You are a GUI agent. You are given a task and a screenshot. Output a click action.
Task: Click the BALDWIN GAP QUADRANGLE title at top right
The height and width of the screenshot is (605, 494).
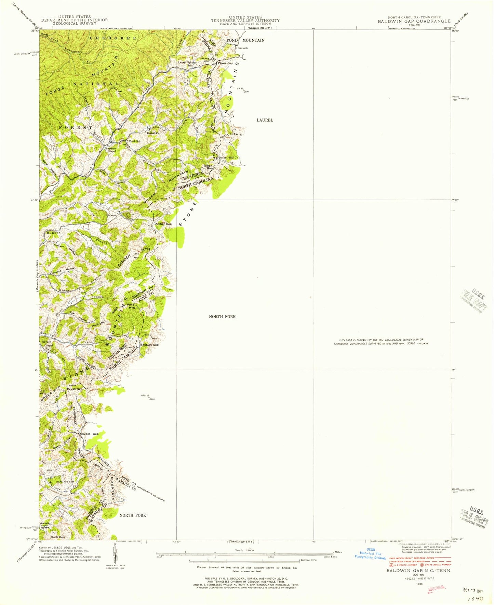tap(414, 21)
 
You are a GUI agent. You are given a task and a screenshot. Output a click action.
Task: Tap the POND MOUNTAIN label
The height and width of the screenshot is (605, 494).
tap(245, 40)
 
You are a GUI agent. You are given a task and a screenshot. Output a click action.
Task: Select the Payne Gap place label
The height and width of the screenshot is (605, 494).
tap(226, 63)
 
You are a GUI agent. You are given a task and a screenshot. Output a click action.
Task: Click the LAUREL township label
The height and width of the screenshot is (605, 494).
tap(265, 120)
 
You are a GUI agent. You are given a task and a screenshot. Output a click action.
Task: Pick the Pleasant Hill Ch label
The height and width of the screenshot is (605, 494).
tap(228, 157)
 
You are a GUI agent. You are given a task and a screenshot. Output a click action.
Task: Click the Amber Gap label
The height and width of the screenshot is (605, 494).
tap(164, 224)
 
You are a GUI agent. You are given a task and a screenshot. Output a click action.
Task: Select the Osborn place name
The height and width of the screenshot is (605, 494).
tap(112, 215)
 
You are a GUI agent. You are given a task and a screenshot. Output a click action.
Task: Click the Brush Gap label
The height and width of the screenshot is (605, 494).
tap(75, 389)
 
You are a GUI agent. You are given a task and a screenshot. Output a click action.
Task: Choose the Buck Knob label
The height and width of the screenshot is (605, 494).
tap(58, 537)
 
